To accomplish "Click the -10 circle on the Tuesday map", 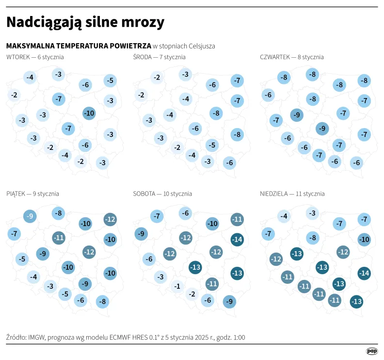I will [89, 114].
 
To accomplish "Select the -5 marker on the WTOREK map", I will [110, 81].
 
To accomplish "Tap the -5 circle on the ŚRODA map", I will [211, 145].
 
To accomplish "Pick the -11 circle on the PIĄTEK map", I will [59, 238].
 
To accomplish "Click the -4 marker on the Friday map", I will [33, 278].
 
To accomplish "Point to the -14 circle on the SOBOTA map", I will [237, 239].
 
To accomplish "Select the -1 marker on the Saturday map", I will [177, 286].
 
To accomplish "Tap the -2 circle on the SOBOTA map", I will [192, 294].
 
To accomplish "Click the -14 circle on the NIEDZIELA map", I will [364, 273].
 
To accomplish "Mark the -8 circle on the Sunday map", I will [313, 238].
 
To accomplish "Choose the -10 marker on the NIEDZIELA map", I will [364, 239].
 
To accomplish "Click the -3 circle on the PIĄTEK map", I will [49, 286].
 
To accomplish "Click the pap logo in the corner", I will [372, 351].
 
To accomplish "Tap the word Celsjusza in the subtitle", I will [200, 46].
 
